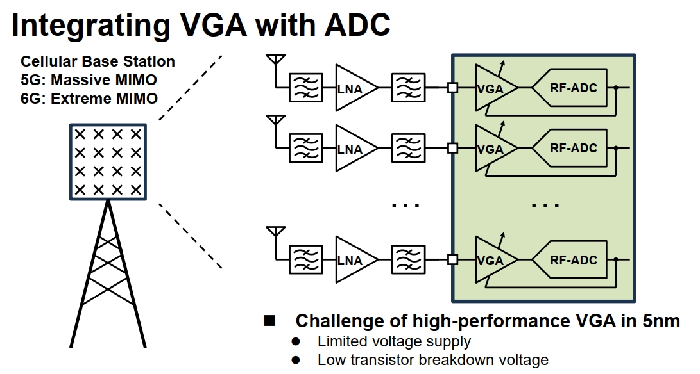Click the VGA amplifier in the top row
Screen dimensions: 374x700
click(493, 89)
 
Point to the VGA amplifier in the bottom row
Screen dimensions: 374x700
click(493, 260)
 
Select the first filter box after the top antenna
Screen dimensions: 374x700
click(305, 89)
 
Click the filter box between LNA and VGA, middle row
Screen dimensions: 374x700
click(407, 149)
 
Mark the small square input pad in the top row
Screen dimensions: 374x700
click(452, 88)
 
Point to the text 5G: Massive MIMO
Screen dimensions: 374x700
click(89, 80)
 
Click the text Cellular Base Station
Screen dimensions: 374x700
click(98, 61)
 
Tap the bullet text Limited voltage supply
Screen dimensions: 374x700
click(394, 341)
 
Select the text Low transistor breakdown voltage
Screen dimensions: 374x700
click(432, 360)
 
